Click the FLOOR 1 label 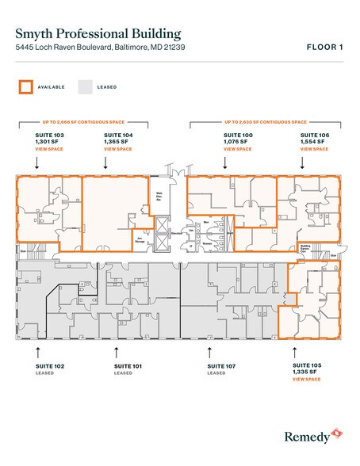(x=324, y=48)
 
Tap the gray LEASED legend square (x=86, y=86)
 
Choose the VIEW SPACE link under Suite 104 (x=117, y=149)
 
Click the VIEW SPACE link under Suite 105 (x=305, y=380)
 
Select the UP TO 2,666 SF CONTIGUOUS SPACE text (x=83, y=123)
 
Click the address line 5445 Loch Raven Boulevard (x=99, y=48)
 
